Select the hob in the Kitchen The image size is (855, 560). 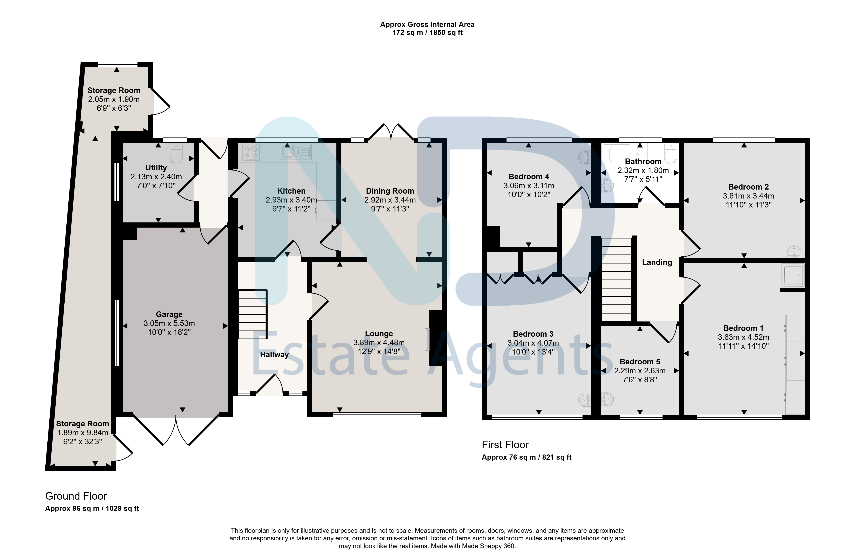[251, 152]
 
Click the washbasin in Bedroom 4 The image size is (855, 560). [585, 157]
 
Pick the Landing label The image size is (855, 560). [657, 262]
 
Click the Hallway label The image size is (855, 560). [274, 355]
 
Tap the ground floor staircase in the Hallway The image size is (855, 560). [253, 314]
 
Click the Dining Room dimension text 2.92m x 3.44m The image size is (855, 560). [390, 200]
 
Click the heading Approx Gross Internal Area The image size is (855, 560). [427, 24]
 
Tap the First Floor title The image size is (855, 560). [505, 445]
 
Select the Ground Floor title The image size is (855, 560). [76, 496]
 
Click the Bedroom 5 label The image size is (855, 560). [640, 362]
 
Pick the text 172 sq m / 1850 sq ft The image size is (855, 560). [427, 32]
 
